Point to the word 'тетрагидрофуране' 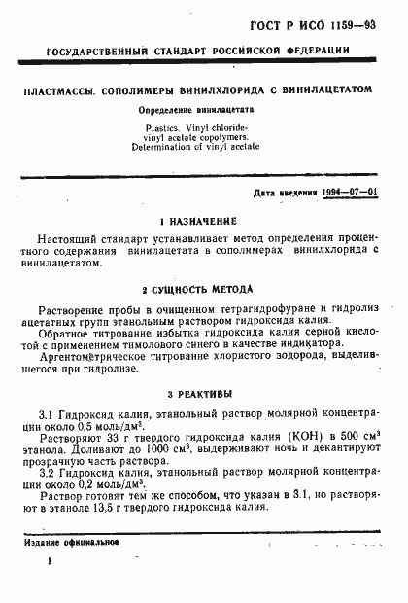click(x=247, y=306)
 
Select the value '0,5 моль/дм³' click(x=112, y=426)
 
